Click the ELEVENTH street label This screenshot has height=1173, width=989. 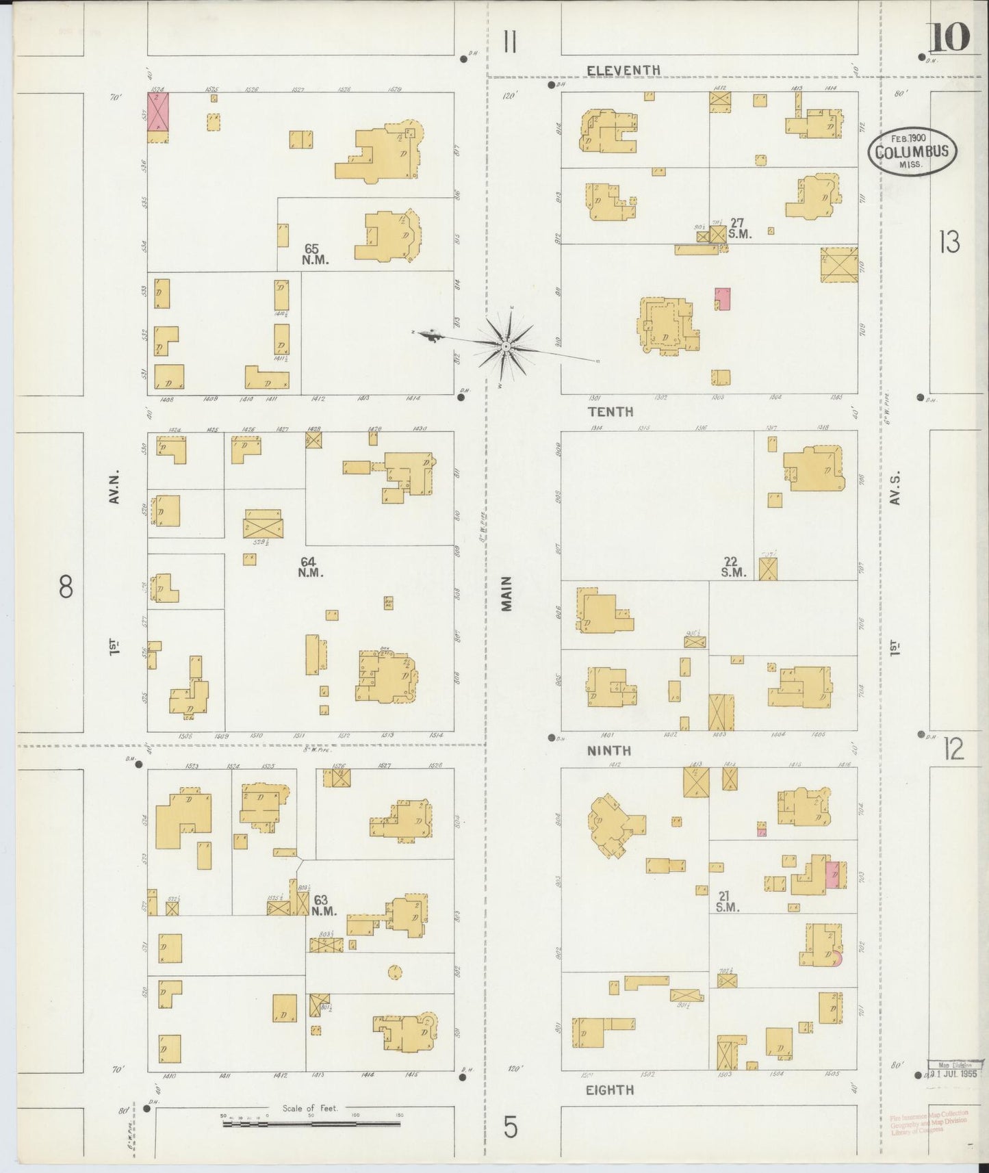[624, 70]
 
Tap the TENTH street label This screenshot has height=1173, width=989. [609, 412]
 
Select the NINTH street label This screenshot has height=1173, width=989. [608, 751]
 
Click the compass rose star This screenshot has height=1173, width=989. [505, 347]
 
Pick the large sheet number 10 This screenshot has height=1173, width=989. [949, 38]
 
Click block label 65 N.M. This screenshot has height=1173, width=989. [315, 255]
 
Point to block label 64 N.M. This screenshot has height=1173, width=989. [309, 567]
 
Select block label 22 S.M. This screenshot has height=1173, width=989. [733, 567]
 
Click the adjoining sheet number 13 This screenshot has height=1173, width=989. [949, 242]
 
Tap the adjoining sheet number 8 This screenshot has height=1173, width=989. [66, 586]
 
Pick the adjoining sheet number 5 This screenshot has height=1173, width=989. [511, 1127]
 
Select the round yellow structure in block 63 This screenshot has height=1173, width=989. [394, 972]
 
